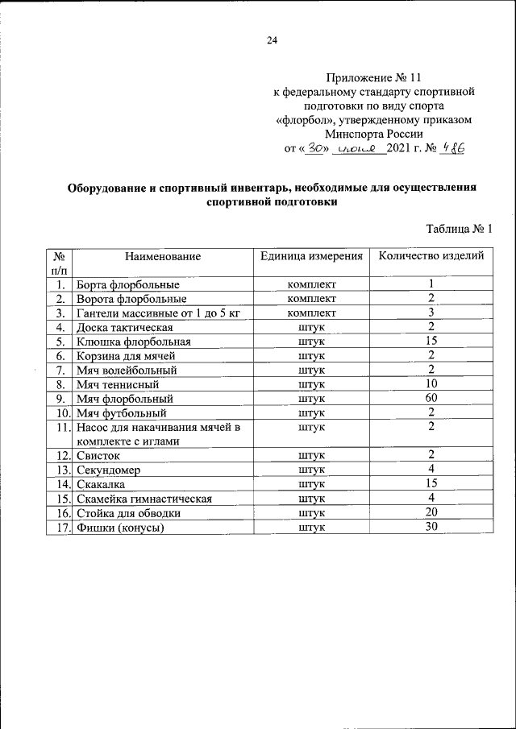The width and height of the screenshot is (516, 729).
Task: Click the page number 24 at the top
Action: tap(272, 41)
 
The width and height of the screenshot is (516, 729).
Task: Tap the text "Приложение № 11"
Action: tap(373, 78)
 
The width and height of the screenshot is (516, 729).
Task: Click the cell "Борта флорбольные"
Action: tap(127, 284)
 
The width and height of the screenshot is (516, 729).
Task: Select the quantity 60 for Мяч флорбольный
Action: tap(431, 398)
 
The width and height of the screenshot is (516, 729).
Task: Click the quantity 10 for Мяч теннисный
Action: tap(431, 384)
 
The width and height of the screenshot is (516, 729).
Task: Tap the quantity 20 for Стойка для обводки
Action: tap(431, 512)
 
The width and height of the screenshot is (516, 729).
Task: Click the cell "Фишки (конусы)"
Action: tap(120, 528)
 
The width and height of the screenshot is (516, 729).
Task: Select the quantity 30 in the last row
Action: tap(431, 527)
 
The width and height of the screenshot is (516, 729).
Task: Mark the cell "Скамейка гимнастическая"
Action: tap(144, 499)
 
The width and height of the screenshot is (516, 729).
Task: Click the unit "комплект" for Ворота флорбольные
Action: tap(311, 299)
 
